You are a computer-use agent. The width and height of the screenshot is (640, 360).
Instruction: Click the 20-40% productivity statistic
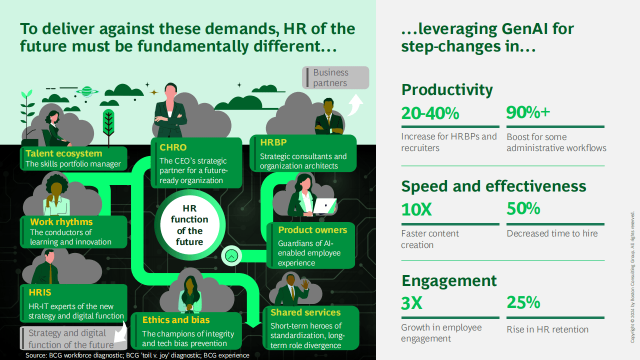[x=430, y=113]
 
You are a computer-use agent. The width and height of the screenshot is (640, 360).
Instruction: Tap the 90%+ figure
[x=528, y=112]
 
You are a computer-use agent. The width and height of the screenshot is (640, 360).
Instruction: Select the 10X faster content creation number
[x=416, y=209]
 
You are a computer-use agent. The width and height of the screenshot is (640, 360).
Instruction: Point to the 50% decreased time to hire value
[x=523, y=208]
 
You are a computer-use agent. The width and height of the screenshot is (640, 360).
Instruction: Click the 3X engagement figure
[x=411, y=303]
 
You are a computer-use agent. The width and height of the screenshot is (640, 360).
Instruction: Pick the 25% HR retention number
[x=523, y=302]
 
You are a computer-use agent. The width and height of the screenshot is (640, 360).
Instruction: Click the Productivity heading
[x=447, y=90]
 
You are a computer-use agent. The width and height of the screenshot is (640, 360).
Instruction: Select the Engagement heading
[x=449, y=281]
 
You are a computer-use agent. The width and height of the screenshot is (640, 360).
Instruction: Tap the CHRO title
[x=173, y=147]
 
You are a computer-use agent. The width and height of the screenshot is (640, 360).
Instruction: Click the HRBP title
[x=273, y=142]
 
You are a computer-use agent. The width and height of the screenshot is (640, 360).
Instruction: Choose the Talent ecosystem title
[x=63, y=153]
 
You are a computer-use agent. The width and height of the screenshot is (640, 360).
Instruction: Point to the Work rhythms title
[x=61, y=222]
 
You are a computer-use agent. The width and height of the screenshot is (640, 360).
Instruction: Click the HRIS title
[x=40, y=292]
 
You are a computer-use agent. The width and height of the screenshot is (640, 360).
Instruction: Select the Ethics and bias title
[x=176, y=320]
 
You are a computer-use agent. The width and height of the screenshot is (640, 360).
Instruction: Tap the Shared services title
[x=305, y=312]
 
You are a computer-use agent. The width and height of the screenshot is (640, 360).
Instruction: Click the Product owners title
[x=312, y=230]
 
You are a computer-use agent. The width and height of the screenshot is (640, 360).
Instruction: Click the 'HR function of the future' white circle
[x=189, y=225]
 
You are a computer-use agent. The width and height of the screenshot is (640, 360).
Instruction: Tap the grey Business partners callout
[x=335, y=77]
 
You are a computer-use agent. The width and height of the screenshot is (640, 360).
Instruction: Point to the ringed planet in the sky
[x=87, y=91]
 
